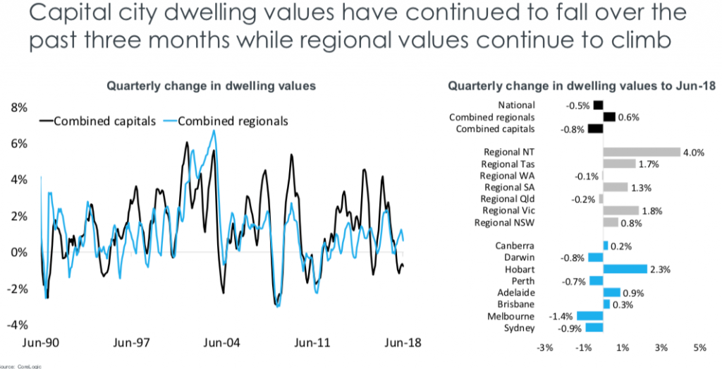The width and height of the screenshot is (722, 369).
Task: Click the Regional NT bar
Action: point(641,152)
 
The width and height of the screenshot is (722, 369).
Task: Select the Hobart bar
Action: point(625,269)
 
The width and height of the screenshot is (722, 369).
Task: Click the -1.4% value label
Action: point(561,316)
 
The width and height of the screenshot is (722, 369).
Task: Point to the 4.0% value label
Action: point(694,152)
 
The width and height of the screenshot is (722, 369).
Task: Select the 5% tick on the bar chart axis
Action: point(699,348)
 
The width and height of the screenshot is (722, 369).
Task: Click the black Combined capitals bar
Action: point(595,128)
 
